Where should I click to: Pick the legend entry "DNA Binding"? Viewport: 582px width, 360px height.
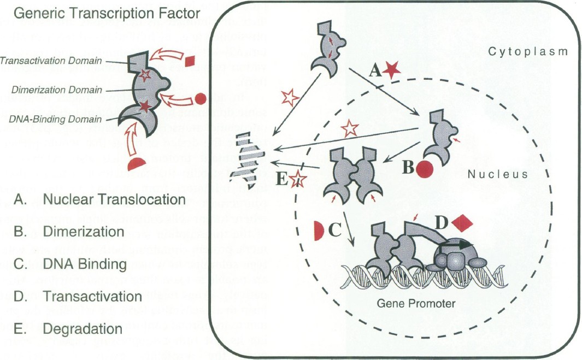pos(85,264)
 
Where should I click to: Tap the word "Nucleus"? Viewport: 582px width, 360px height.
pos(498,174)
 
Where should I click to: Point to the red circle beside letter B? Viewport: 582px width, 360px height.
pos(425,169)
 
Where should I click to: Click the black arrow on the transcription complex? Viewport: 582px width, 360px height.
pos(454,246)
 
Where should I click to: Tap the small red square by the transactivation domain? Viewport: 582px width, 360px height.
pos(190,62)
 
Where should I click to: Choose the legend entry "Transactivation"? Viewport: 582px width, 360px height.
pos(92,297)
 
